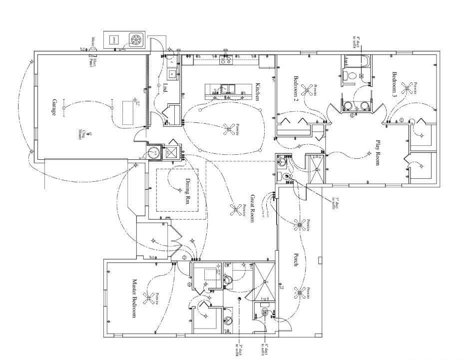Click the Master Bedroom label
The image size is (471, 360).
(134, 299)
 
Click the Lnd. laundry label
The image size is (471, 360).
(165, 88)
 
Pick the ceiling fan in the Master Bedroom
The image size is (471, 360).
(148, 299)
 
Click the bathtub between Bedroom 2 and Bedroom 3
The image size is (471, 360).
(356, 62)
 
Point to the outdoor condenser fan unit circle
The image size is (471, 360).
(135, 40)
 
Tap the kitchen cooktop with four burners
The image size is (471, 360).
(226, 60)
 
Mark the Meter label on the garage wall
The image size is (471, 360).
(92, 40)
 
